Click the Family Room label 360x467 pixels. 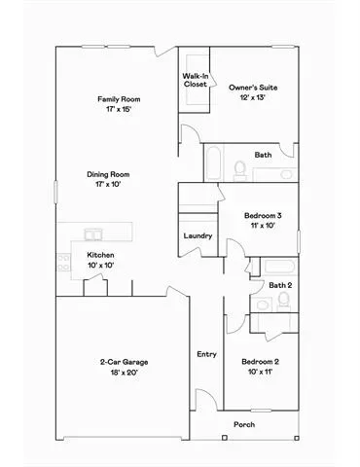[x=119, y=99]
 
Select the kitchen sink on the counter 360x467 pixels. [x=93, y=234]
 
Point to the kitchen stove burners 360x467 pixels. [x=63, y=263]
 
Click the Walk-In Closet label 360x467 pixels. [x=196, y=80]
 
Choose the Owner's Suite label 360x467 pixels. [x=253, y=88]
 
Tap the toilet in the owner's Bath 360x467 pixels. [x=240, y=170]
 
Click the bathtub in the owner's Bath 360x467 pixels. [x=213, y=163]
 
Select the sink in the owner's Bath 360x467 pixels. [x=286, y=174]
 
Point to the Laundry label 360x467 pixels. [x=198, y=235]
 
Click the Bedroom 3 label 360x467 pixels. [x=263, y=215]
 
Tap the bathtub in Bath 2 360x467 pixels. [x=279, y=267]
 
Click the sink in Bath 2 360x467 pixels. [x=262, y=305]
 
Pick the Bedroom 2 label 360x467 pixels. [x=260, y=362]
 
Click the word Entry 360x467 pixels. [x=206, y=354]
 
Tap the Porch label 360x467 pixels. [x=244, y=424]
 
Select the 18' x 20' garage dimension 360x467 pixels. [x=125, y=373]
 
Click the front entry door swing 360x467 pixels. [x=206, y=397]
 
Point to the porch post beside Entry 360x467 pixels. [x=225, y=438]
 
